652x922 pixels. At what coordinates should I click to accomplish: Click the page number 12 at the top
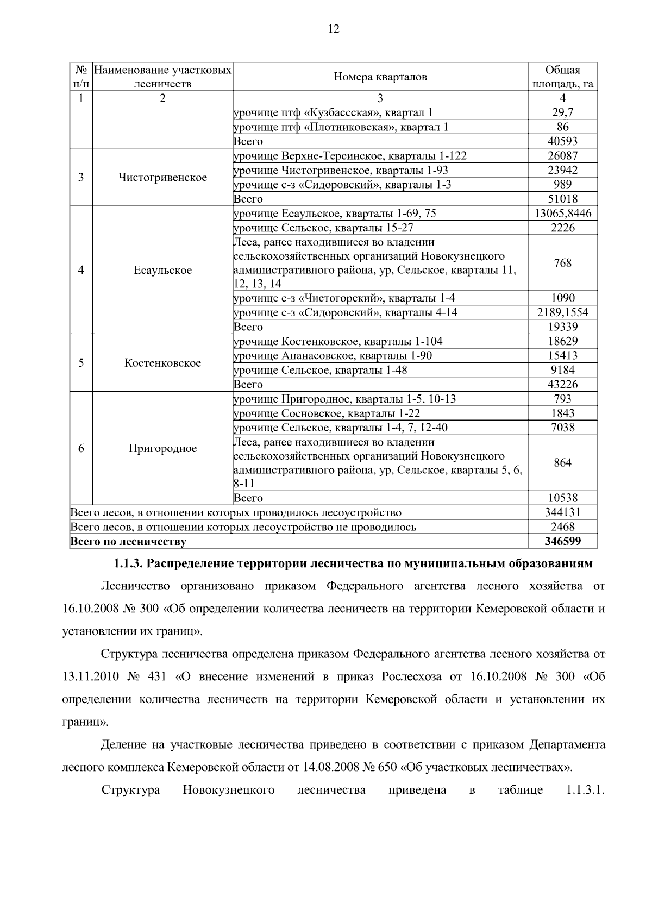334,29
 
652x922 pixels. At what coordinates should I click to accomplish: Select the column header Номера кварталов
380,77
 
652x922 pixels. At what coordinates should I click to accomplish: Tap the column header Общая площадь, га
562,77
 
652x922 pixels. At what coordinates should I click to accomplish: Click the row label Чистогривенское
162,178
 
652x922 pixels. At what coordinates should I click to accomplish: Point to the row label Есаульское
162,271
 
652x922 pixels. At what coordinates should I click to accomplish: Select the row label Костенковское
162,363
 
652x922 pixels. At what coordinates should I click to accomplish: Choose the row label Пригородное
162,449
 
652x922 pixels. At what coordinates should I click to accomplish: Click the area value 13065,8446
562,214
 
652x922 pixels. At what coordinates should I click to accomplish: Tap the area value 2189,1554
562,312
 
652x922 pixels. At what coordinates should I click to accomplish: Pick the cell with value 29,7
562,112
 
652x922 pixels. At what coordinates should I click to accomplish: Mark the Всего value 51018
562,199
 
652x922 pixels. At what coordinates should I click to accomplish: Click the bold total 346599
562,541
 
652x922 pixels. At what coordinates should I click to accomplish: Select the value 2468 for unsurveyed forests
562,527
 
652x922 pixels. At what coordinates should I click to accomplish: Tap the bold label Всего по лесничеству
128,542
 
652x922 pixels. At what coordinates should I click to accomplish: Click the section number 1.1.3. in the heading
127,564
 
